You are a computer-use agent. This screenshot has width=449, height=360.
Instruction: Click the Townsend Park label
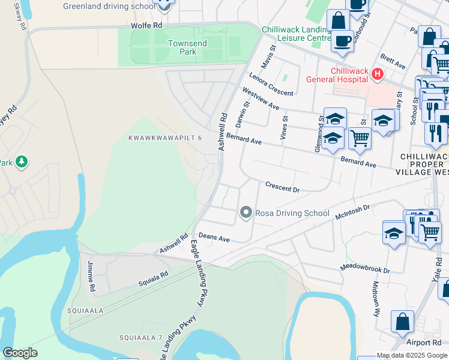(182, 47)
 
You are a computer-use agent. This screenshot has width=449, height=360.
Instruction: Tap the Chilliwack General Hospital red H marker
(378, 74)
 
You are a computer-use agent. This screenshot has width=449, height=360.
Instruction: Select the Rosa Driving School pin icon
(246, 212)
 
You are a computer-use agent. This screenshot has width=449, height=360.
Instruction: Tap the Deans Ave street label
(214, 238)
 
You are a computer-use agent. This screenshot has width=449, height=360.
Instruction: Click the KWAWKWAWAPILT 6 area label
(165, 138)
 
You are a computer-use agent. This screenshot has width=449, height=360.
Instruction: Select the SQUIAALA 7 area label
(140, 338)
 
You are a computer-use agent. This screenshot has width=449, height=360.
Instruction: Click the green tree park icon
(22, 161)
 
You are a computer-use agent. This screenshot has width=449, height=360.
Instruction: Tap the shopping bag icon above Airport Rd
(402, 322)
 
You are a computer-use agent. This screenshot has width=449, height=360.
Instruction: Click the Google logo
(20, 353)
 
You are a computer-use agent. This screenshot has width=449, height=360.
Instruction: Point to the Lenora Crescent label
(271, 84)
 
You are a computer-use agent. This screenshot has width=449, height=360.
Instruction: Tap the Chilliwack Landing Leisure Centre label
(297, 34)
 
